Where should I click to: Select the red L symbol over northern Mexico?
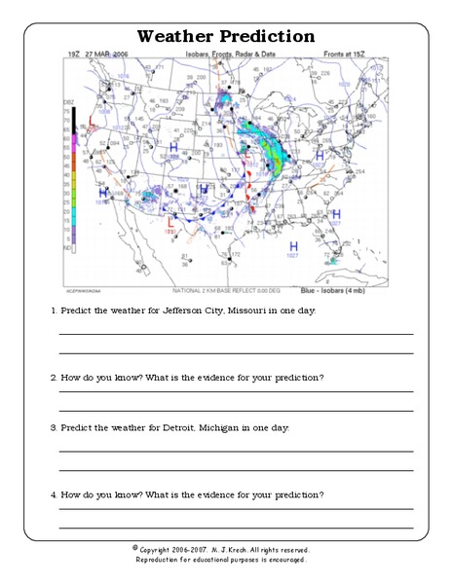(x=171, y=223)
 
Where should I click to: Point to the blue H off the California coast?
(x=102, y=192)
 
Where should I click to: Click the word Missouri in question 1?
(x=250, y=310)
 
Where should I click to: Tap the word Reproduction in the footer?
(x=163, y=560)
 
